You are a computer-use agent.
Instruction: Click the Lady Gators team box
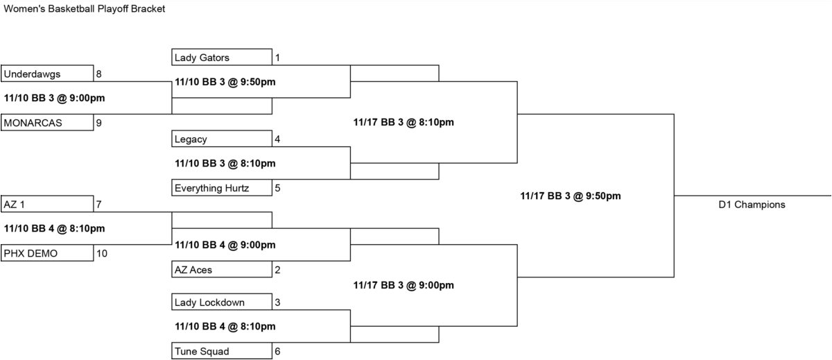pyautogui.click(x=222, y=57)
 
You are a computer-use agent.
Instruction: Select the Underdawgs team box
pyautogui.click(x=47, y=74)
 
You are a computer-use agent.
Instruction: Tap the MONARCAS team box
pyautogui.click(x=47, y=123)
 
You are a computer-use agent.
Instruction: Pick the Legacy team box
pyautogui.click(x=222, y=139)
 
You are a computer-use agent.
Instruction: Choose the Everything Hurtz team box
pyautogui.click(x=222, y=187)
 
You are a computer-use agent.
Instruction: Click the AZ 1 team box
pyautogui.click(x=47, y=204)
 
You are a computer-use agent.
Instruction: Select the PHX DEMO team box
pyautogui.click(x=47, y=253)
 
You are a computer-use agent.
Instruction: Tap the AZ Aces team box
pyautogui.click(x=222, y=269)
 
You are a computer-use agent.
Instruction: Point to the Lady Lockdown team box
pyautogui.click(x=222, y=302)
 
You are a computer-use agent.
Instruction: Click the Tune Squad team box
pyautogui.click(x=222, y=351)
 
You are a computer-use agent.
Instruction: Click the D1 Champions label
pyautogui.click(x=752, y=205)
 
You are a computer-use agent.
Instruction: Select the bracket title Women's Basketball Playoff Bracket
pyautogui.click(x=85, y=9)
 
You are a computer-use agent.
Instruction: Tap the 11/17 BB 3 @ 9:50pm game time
pyautogui.click(x=571, y=196)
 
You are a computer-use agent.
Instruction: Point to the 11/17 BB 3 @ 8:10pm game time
pyautogui.click(x=404, y=122)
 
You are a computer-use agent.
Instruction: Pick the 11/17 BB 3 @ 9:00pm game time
pyautogui.click(x=404, y=285)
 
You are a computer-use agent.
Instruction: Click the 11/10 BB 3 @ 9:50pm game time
pyautogui.click(x=225, y=82)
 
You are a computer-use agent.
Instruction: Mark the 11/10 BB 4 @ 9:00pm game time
pyautogui.click(x=225, y=245)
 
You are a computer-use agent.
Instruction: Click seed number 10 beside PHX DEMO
pyautogui.click(x=102, y=253)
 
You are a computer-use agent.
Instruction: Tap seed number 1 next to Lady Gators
pyautogui.click(x=277, y=58)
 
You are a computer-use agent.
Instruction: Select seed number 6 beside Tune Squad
pyautogui.click(x=277, y=351)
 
